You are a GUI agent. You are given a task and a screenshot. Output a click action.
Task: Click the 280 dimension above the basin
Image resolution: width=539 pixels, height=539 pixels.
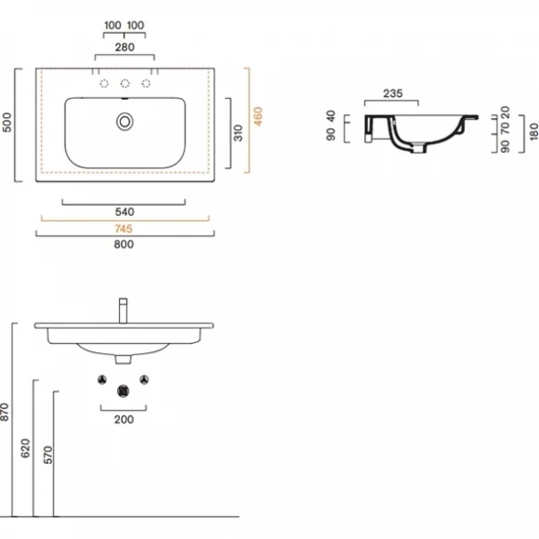124,47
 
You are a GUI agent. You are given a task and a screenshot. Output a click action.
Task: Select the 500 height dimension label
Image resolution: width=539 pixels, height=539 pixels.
7,123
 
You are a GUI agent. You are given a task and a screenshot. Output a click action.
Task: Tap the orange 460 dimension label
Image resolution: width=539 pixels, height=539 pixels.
258,116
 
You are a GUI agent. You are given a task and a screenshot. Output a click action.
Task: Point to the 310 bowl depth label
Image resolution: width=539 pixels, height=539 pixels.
238,133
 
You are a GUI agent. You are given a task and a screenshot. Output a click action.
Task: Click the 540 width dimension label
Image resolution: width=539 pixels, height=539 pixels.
124,211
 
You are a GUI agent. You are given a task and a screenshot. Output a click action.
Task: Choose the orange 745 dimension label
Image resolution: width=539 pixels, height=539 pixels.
124,229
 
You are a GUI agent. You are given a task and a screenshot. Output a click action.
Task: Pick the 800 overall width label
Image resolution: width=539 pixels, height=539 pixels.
124,244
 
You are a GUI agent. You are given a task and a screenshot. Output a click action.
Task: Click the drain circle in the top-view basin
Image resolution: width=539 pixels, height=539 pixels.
124,122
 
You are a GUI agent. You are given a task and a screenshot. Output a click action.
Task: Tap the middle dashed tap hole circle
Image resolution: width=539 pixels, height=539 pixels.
125,83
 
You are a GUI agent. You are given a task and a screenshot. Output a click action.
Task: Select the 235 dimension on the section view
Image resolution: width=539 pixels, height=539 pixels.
393,93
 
